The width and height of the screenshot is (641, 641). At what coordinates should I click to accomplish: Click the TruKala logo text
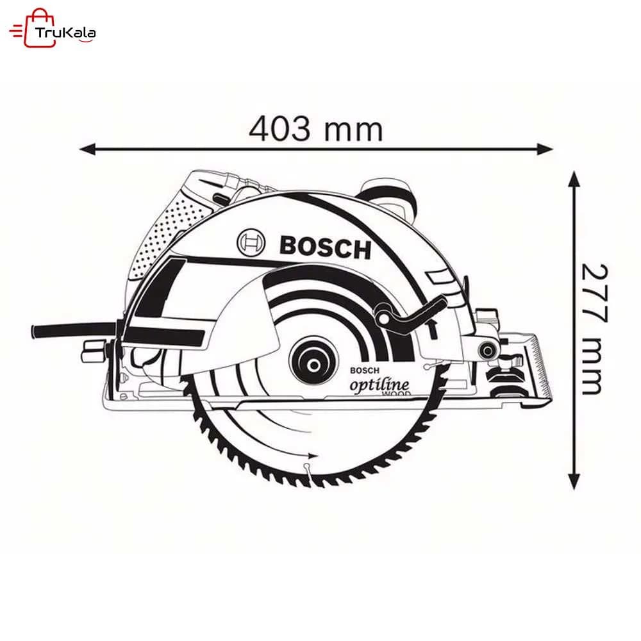tap(65, 33)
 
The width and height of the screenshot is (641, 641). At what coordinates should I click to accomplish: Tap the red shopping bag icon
tap(39, 28)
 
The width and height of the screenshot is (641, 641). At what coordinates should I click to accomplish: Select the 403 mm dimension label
tap(315, 129)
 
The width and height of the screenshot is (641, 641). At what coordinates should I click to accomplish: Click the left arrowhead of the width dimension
tap(87, 149)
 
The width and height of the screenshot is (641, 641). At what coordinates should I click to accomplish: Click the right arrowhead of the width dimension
tap(545, 149)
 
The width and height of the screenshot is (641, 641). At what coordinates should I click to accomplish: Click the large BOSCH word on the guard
tap(326, 247)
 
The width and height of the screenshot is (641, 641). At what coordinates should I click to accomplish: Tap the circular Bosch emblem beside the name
tap(251, 243)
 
